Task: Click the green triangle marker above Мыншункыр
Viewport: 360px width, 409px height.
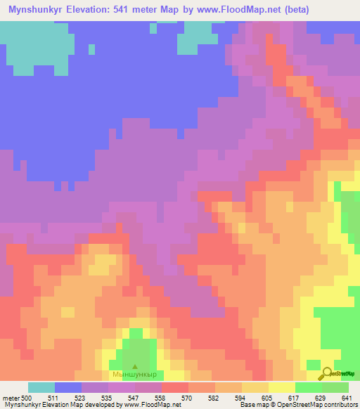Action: [136, 366]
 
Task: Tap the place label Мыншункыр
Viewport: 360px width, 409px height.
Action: [136, 376]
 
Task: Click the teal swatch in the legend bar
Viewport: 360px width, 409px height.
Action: [41, 387]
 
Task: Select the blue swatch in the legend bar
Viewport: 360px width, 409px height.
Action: [68, 387]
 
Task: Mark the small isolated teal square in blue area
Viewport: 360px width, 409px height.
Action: [91, 48]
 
